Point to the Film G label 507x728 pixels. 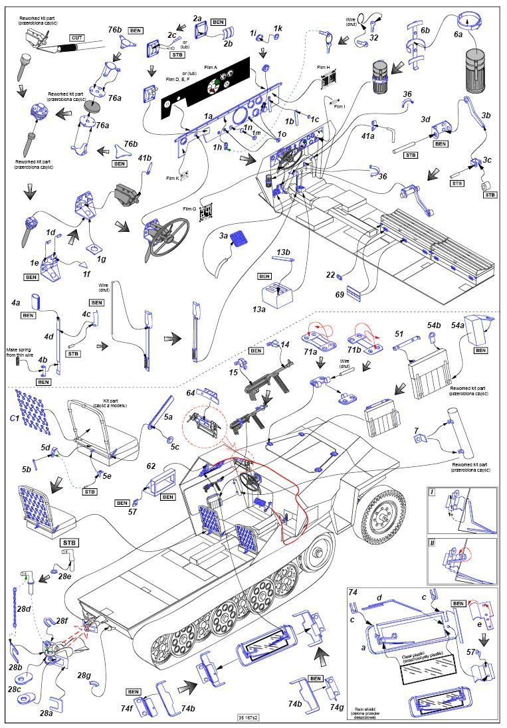click(189, 209)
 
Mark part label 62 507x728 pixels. click(151, 466)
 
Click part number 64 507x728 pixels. click(191, 394)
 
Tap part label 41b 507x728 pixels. click(145, 157)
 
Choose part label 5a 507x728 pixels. click(169, 417)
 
